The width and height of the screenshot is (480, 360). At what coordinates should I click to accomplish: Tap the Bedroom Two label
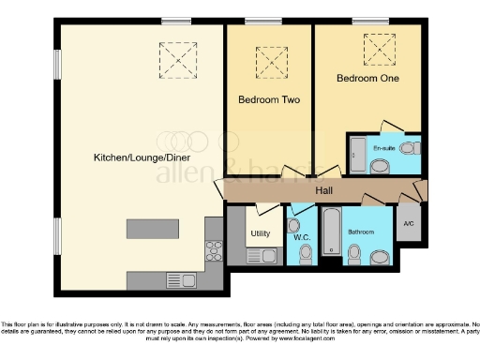pos(268,99)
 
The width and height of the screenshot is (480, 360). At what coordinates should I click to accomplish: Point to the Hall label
pos(324,191)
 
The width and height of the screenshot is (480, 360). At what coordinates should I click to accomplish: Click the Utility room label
pos(260,234)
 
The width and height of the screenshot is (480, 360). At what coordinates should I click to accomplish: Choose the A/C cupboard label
pos(409,224)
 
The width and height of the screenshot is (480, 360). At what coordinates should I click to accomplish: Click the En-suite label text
pos(383,149)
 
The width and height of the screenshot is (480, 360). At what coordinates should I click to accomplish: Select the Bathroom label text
pos(361,231)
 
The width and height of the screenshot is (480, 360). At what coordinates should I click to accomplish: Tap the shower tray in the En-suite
pos(356,154)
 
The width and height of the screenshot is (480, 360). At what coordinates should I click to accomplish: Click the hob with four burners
pos(211,251)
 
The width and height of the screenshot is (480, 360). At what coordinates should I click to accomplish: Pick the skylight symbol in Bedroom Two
pos(270,61)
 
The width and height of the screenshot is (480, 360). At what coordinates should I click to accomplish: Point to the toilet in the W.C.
pos(294,227)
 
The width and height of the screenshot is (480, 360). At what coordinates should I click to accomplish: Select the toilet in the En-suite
pos(381,167)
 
